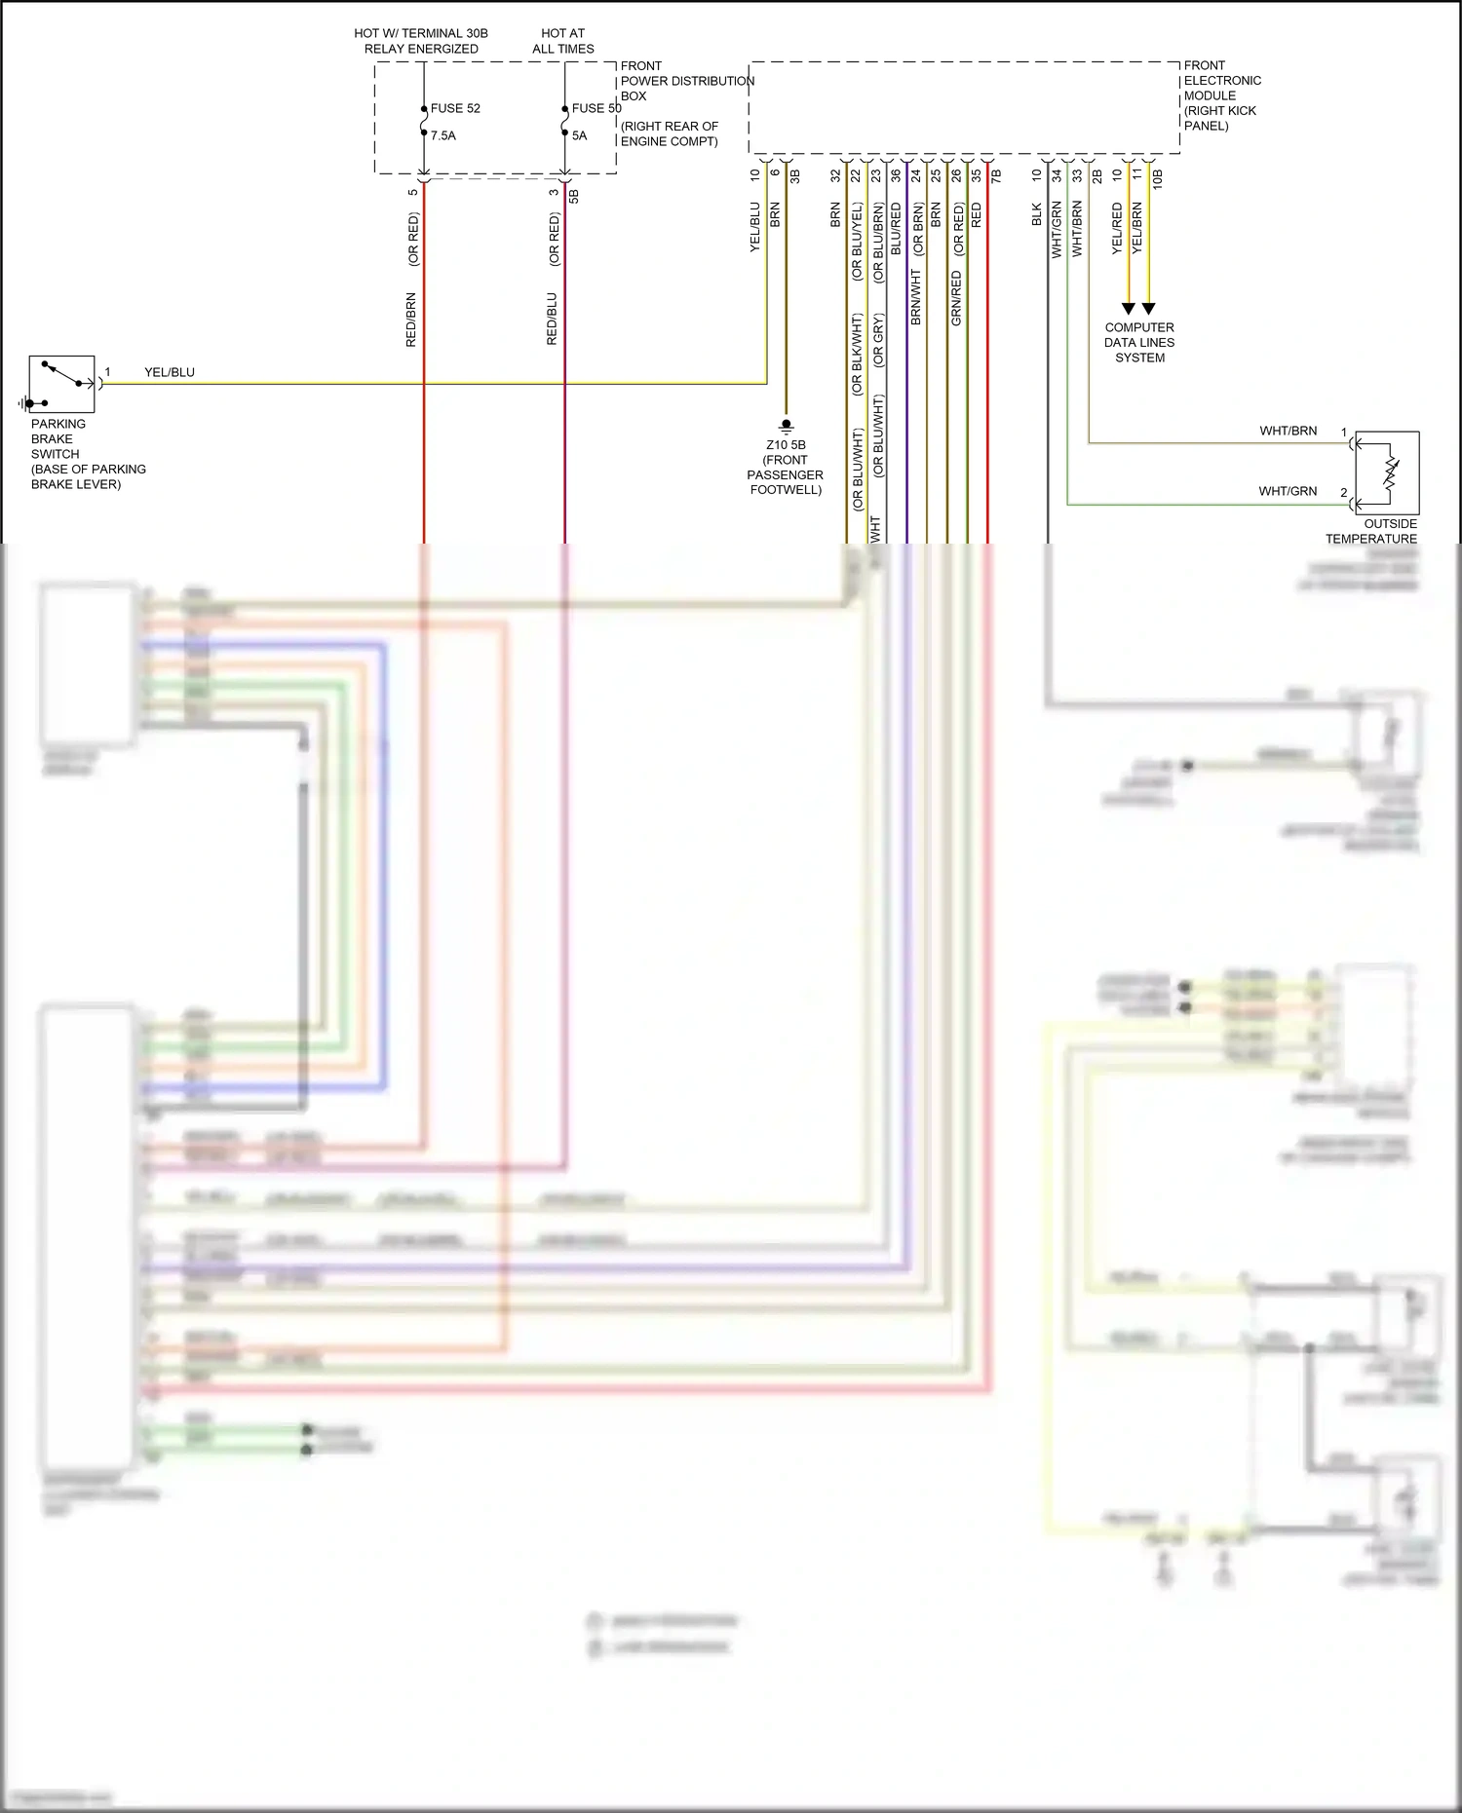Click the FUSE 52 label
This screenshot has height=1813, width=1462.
click(x=455, y=108)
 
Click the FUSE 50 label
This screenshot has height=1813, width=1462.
click(x=596, y=108)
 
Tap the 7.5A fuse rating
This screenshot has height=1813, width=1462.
click(x=443, y=135)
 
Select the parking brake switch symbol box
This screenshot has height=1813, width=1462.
click(x=61, y=385)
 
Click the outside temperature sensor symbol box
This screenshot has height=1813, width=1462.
click(x=1386, y=472)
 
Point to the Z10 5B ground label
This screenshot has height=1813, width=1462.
click(x=786, y=445)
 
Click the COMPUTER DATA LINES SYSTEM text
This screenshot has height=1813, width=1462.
click(x=1139, y=342)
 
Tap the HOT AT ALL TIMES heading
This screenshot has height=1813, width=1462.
click(x=563, y=40)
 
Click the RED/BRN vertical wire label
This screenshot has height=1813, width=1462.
click(x=411, y=320)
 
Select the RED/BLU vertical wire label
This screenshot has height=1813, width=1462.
click(x=553, y=319)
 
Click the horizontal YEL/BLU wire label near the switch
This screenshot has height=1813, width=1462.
click(x=170, y=372)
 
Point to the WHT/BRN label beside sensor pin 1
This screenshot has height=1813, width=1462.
click(x=1288, y=431)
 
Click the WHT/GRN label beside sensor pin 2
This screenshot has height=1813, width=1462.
click(x=1288, y=491)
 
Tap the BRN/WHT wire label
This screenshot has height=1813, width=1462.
click(x=916, y=297)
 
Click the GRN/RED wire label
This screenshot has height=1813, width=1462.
click(x=956, y=298)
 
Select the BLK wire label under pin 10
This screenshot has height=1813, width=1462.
click(x=1037, y=214)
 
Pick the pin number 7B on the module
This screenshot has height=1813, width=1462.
click(x=996, y=176)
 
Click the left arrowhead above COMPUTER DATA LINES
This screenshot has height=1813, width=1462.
click(x=1129, y=309)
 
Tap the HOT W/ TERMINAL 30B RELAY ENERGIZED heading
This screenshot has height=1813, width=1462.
click(x=421, y=40)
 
